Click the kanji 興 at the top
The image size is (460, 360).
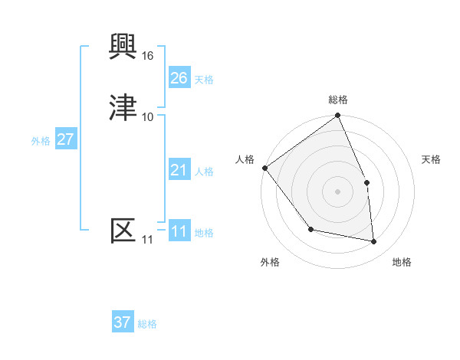[x=123, y=47]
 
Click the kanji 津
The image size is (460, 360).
[x=123, y=108]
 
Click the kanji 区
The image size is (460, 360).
[x=123, y=231]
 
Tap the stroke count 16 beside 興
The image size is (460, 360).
[x=148, y=56]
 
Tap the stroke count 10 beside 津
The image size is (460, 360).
[x=148, y=116]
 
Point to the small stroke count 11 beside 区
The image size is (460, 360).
[x=147, y=240]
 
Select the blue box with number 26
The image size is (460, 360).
[x=179, y=78]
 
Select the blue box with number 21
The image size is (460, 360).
[x=179, y=170]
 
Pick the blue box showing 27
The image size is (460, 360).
[x=65, y=139]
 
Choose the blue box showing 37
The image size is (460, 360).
[x=122, y=322]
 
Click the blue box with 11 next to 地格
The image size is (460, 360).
[x=179, y=231]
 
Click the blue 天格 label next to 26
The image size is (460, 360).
[x=204, y=80]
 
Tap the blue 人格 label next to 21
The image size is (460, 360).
[x=204, y=172]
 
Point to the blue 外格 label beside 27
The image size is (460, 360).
[x=41, y=141]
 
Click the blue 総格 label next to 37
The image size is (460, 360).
[x=147, y=324]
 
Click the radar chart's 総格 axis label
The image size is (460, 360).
[x=338, y=100]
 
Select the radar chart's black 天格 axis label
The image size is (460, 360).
[x=432, y=159]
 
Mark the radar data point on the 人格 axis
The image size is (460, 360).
[x=264, y=168]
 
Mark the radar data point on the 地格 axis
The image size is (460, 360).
[x=374, y=242]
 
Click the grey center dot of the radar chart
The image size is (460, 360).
[x=338, y=191]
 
